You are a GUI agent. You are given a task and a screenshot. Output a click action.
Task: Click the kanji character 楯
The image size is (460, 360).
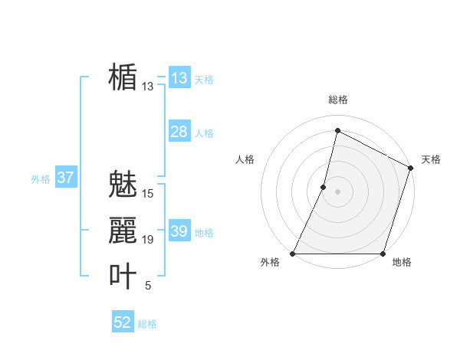click(x=123, y=77)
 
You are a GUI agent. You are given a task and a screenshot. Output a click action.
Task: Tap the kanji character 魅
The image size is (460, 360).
click(x=123, y=185)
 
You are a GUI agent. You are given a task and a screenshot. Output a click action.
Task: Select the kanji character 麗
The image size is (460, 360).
click(x=123, y=231)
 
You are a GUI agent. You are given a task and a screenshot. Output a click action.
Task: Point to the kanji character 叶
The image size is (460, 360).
click(x=123, y=277)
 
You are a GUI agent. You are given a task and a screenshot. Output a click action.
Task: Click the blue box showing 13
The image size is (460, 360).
click(x=179, y=78)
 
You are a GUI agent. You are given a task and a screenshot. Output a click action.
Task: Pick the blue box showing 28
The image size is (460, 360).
click(x=179, y=132)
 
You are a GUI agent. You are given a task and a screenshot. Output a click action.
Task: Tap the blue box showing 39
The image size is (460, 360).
click(x=179, y=231)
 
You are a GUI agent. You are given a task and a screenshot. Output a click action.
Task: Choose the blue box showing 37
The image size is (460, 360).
click(x=65, y=178)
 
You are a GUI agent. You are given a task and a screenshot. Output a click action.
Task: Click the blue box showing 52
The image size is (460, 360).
click(x=123, y=322)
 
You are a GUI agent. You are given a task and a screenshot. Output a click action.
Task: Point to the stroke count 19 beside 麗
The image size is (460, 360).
click(x=148, y=240)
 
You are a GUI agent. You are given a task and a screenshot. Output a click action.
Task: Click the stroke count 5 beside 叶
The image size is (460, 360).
click(x=148, y=286)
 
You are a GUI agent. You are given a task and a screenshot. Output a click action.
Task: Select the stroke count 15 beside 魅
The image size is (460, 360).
click(x=148, y=194)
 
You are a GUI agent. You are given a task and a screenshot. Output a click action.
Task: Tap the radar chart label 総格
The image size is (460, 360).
click(x=337, y=100)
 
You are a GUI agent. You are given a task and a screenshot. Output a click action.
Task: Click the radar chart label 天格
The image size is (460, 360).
click(x=431, y=159)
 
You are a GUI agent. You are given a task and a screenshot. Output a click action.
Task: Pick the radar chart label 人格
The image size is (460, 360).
click(x=245, y=159)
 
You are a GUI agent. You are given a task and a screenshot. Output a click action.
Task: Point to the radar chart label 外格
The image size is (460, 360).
click(x=270, y=262)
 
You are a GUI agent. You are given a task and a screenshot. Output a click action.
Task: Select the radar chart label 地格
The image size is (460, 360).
click(x=402, y=262)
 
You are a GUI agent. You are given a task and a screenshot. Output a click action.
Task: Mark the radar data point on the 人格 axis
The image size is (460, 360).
click(x=324, y=186)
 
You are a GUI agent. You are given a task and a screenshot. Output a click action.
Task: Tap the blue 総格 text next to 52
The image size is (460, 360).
click(x=148, y=324)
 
